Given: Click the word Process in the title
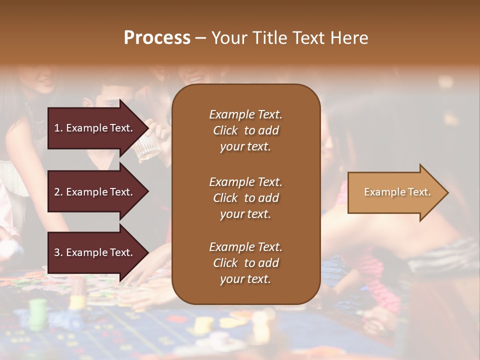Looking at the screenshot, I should tap(157, 38).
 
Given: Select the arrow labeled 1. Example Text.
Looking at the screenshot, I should tap(95, 128).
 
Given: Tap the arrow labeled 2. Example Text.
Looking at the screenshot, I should tap(95, 192).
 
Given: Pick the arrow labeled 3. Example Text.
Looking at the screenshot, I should tap(95, 252).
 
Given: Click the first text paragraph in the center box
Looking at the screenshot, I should tap(245, 130).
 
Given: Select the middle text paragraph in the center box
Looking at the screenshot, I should tap(245, 198).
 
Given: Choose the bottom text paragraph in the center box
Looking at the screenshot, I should tap(245, 263).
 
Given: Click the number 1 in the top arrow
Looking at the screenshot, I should tap(57, 128).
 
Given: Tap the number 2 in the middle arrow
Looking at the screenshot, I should tap(57, 192).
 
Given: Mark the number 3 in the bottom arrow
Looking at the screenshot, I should tap(57, 252).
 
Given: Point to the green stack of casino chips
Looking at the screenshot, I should tap(38, 314).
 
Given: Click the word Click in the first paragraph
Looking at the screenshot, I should tap(225, 130).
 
